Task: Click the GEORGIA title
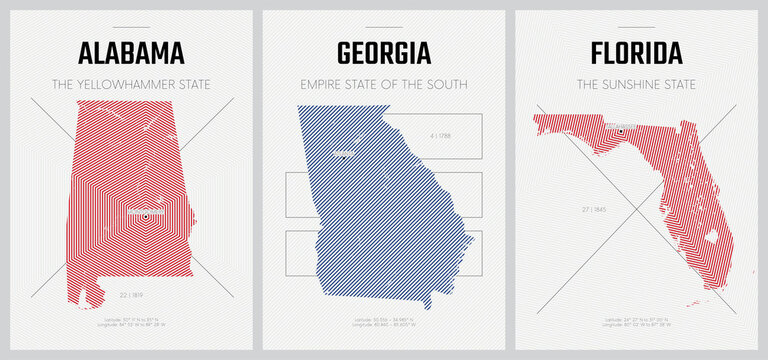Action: (x=384, y=51)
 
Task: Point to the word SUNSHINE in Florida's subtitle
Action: (x=637, y=83)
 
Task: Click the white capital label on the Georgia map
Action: (x=345, y=153)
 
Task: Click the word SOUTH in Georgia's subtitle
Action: (x=444, y=83)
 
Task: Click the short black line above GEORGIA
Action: (x=384, y=27)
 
